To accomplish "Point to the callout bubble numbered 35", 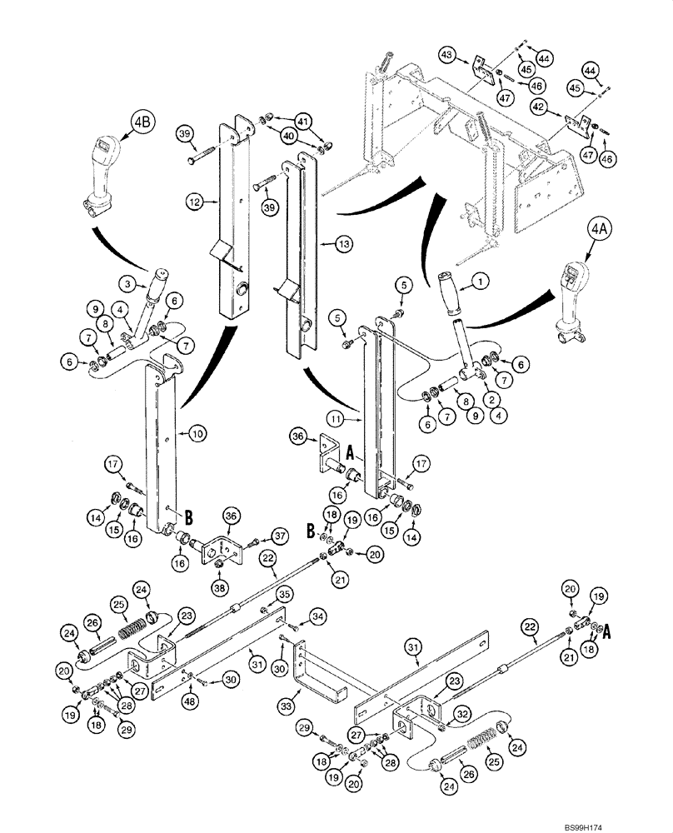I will pyautogui.click(x=284, y=595).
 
